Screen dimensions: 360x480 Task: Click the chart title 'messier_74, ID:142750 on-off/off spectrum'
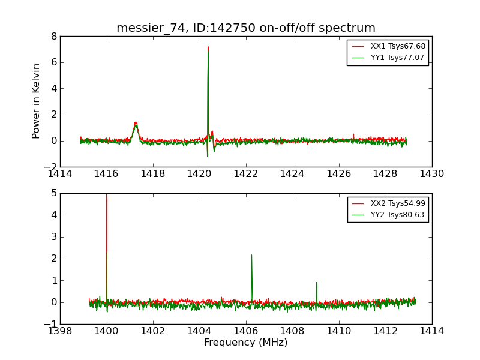tap(246, 28)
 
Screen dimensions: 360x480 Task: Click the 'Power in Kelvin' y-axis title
tap(37, 101)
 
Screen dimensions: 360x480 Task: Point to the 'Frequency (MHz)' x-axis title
tap(246, 343)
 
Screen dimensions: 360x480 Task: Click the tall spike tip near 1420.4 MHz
tap(208, 47)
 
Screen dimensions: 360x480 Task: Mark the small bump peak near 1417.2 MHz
tap(136, 122)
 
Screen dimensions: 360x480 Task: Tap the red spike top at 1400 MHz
tap(107, 195)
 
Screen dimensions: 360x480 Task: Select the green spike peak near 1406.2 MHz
tap(251, 255)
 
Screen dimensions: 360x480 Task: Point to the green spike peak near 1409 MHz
tap(316, 283)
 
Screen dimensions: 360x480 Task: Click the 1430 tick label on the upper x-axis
tap(431, 174)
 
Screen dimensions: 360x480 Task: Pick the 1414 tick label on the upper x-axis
tap(60, 174)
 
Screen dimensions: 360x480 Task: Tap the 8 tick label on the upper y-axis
tap(53, 36)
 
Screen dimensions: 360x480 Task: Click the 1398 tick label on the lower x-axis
tap(60, 331)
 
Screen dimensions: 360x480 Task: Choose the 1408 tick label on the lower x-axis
tap(292, 331)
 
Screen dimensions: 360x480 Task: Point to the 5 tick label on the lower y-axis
tap(53, 193)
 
